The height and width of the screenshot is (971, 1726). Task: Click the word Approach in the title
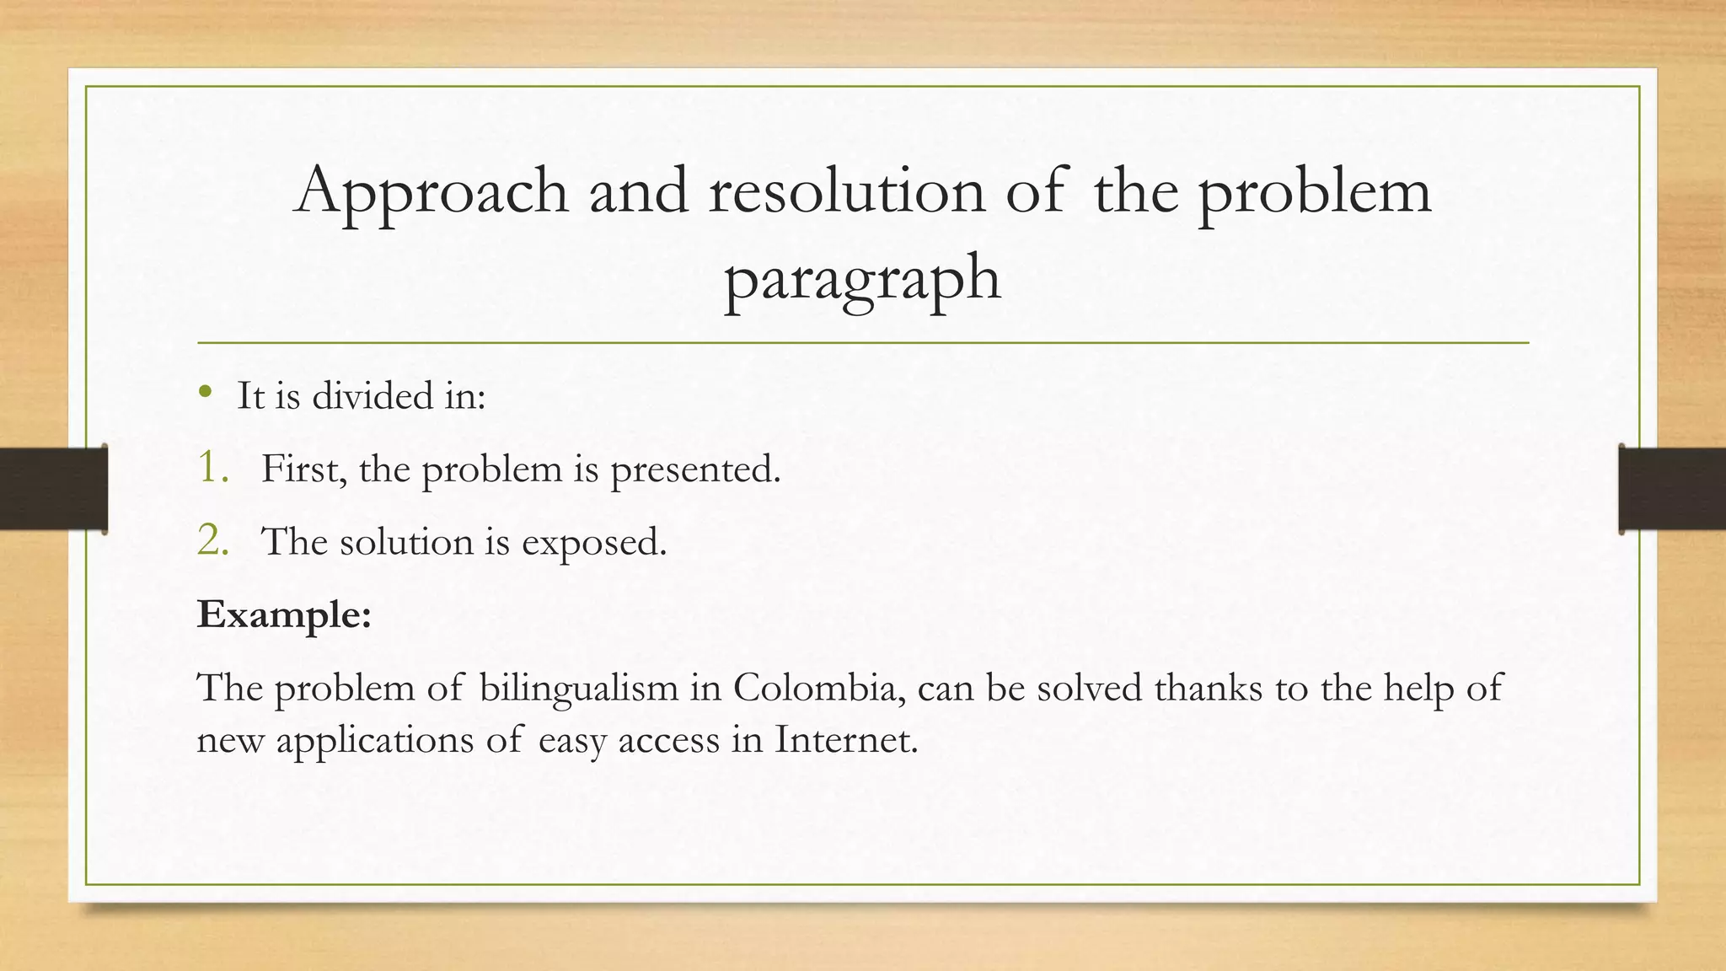[x=431, y=193]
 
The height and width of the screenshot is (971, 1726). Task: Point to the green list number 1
[x=212, y=468]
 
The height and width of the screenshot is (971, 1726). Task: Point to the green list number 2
[x=213, y=540]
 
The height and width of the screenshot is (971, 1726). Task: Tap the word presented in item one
[x=694, y=470]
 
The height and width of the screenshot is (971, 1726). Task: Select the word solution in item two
[x=407, y=541]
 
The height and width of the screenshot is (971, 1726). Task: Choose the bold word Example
[x=284, y=615]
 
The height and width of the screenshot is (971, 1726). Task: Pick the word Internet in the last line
[x=845, y=740]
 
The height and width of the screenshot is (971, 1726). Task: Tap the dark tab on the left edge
[x=53, y=489]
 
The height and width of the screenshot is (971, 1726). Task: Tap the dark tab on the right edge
[x=1672, y=489]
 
